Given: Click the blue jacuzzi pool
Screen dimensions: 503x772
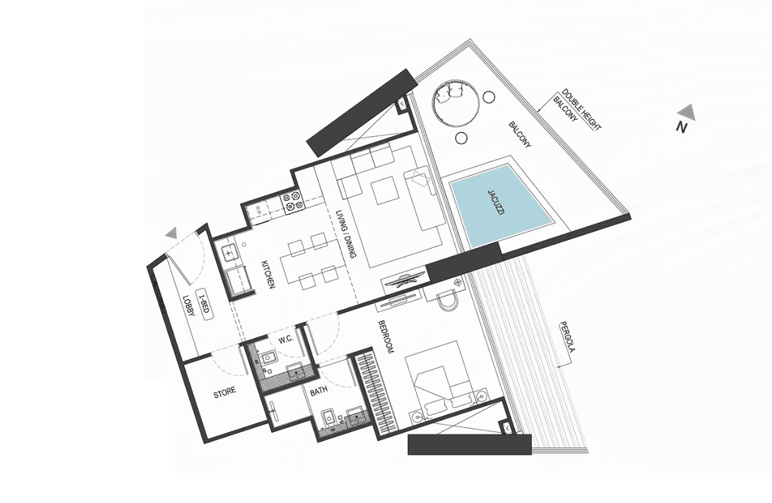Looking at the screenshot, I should [499, 204].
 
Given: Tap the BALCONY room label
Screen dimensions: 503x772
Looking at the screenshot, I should [520, 135].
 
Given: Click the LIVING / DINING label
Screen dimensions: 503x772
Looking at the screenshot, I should [346, 234].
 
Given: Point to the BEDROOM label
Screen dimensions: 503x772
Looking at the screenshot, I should [387, 337].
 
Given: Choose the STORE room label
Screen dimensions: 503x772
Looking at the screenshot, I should [224, 393].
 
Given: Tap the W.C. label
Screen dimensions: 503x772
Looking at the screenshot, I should [286, 340].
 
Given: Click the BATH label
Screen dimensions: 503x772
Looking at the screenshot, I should [319, 392].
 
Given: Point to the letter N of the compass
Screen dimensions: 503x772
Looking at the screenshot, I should [681, 128].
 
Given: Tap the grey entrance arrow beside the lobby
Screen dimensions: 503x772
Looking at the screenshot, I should [171, 234].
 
